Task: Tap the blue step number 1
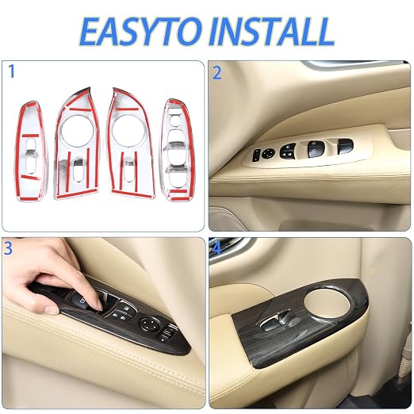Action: coord(11,71)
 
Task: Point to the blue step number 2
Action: coord(217,73)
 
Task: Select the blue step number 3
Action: coord(8,248)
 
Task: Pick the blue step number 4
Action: coord(217,248)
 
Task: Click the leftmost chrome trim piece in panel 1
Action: coord(31,151)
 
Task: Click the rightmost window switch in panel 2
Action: coord(345,145)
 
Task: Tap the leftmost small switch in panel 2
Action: coord(256,155)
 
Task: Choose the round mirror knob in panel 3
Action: coord(149,324)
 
